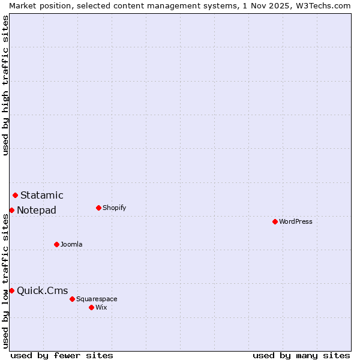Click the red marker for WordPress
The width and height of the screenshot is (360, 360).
click(275, 221)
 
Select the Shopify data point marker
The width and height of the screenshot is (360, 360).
click(98, 208)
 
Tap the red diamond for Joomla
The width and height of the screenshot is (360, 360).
click(57, 244)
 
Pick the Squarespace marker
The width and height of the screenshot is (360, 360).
click(72, 299)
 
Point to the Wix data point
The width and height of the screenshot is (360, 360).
click(91, 307)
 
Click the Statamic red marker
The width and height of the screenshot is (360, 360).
click(15, 195)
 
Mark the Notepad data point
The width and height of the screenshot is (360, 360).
click(11, 210)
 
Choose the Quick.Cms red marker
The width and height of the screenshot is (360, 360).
click(11, 290)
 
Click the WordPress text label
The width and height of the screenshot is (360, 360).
click(296, 221)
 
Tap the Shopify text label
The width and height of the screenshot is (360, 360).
click(114, 208)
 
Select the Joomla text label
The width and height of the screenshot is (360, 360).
click(71, 244)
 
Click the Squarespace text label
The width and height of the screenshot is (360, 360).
click(97, 299)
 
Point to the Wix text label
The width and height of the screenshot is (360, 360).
click(101, 307)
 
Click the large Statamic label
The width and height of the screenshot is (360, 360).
click(41, 195)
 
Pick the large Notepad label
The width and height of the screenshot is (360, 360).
click(37, 210)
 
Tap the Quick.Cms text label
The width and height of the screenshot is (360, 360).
click(42, 290)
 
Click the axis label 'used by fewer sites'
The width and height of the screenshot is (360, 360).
click(62, 355)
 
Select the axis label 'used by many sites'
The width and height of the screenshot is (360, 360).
click(301, 355)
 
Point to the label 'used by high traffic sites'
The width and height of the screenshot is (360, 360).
click(5, 85)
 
